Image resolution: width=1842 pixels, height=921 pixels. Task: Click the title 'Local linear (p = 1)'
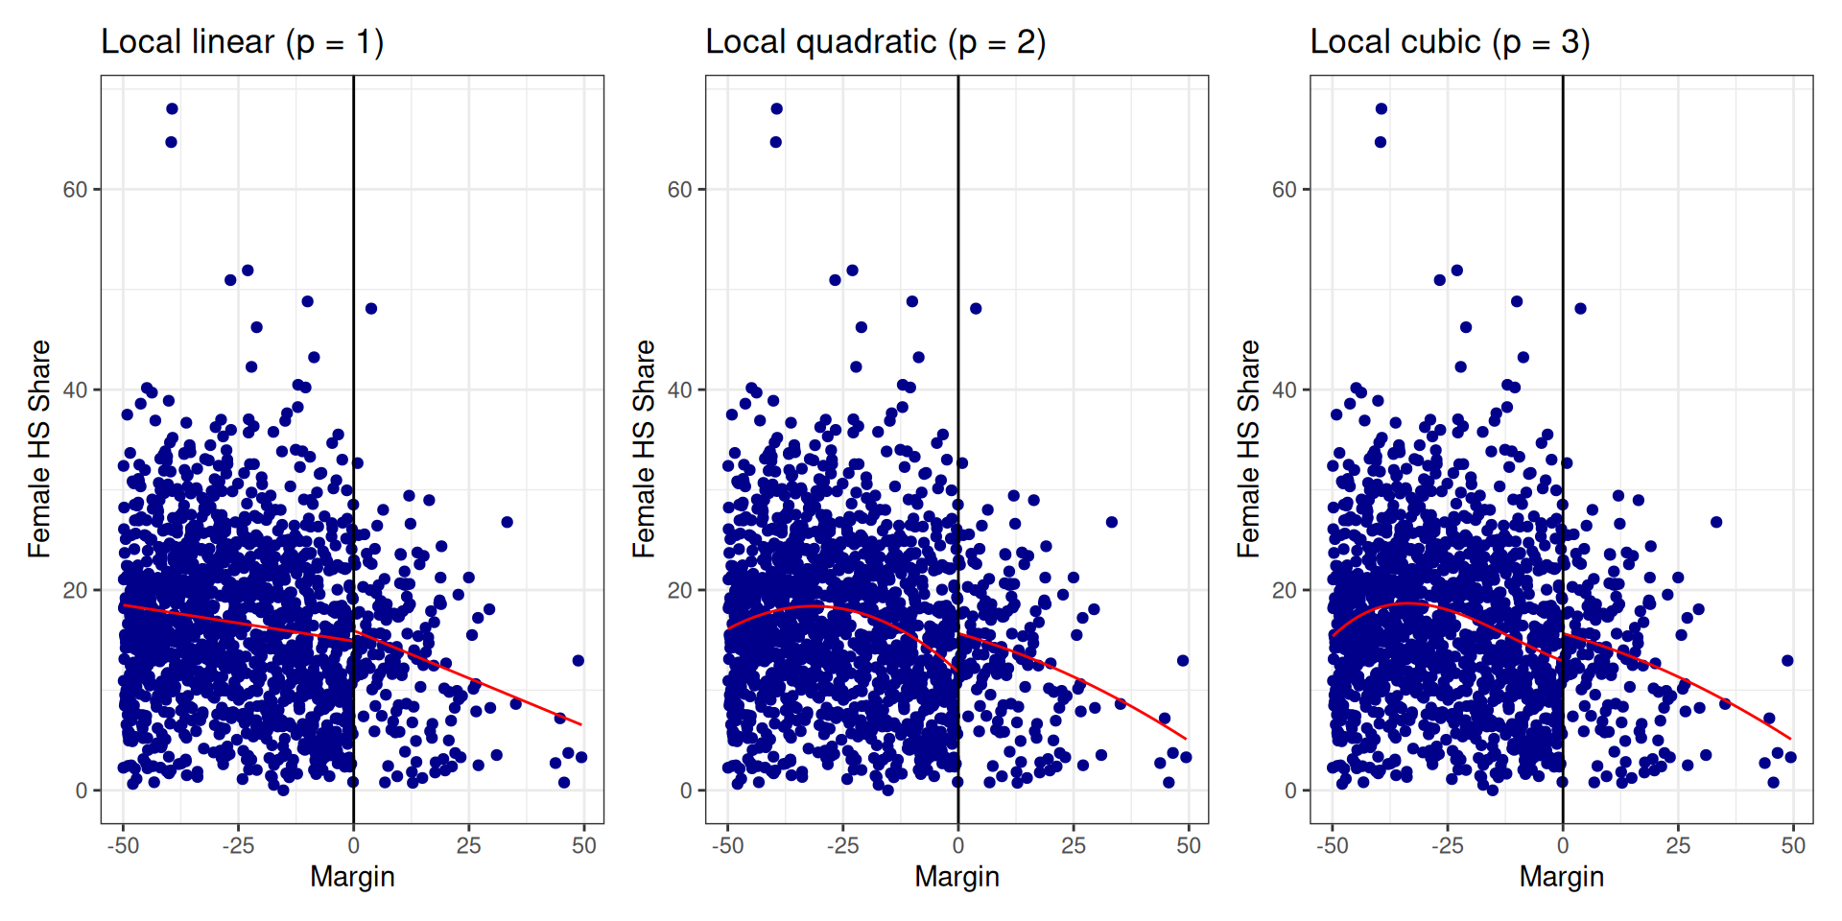242,42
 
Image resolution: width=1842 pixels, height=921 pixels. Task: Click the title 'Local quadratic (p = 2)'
875,42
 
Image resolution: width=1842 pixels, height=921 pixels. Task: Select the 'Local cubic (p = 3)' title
1450,42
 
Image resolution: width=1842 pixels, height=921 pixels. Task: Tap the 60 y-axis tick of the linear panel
75,190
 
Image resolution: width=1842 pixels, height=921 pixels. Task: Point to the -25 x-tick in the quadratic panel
842,845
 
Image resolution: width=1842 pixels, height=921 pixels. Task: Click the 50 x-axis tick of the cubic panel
1793,845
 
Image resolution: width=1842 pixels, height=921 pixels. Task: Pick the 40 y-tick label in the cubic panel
1284,390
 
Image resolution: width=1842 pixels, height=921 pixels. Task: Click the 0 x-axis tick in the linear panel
353,845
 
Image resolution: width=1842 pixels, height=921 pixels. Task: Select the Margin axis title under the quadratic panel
956,877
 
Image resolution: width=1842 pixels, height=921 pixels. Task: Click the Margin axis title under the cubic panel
1561,877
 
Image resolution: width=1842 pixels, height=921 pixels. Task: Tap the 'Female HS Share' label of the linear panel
39,449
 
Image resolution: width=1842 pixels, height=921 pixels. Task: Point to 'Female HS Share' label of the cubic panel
1248,449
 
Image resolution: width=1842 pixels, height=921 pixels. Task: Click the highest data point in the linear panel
172,109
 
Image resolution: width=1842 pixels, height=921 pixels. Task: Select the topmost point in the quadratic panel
776,109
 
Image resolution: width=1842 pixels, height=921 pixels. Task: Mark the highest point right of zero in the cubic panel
1580,309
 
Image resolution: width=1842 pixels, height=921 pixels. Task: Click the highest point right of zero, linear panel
371,309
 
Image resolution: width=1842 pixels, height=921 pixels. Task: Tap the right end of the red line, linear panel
581,724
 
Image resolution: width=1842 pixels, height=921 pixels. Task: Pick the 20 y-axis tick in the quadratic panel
679,591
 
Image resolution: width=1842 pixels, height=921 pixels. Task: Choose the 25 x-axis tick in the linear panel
468,845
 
